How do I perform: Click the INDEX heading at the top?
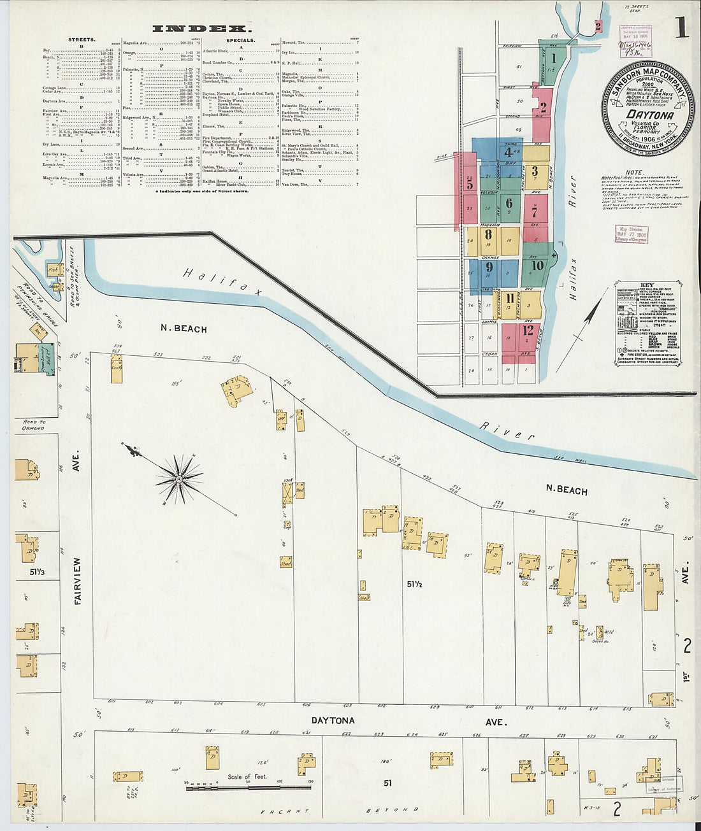point(201,28)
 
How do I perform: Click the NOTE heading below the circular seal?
point(635,173)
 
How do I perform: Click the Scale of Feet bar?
point(249,788)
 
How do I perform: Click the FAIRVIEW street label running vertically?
point(78,581)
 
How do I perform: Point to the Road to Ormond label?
point(34,425)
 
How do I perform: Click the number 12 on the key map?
point(528,330)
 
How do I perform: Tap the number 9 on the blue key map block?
point(489,267)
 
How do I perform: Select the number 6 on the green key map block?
point(509,204)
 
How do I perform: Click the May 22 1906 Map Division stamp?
point(631,233)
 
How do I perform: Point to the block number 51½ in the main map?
point(415,583)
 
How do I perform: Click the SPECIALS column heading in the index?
point(241,39)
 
